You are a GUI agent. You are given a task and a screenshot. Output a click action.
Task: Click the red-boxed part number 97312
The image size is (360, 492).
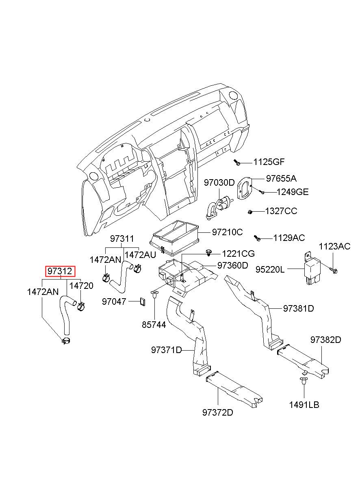point(60,271)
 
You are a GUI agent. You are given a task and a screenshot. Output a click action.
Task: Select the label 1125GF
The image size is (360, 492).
point(269,162)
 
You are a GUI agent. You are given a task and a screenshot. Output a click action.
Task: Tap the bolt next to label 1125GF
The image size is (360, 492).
point(237,163)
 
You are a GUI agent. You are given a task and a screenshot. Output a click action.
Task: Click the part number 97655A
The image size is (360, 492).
point(281,179)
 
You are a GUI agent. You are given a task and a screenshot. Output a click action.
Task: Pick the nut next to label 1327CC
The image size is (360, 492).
point(249,212)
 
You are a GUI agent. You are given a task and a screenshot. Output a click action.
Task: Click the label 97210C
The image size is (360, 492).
point(227,232)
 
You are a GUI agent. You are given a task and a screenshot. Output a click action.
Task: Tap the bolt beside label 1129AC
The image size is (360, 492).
point(257,238)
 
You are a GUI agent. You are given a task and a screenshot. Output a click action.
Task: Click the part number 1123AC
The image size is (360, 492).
point(334,247)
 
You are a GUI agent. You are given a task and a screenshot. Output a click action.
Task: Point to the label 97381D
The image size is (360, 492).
point(299,309)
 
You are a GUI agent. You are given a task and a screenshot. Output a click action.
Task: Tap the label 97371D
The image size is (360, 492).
point(166,350)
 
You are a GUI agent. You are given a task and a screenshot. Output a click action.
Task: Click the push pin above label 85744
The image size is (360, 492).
point(155,294)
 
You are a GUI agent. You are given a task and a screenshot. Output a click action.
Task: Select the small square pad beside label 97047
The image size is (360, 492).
point(143,301)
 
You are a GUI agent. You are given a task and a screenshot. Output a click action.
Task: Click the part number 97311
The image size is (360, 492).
point(122,239)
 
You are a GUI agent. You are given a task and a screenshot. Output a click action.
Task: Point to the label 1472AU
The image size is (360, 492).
point(140,255)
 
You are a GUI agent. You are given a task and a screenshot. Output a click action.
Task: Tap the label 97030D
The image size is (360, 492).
point(219,182)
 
